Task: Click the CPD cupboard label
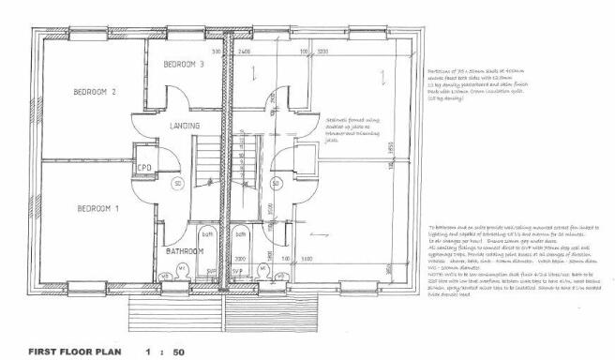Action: click(144, 169)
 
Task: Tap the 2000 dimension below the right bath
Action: click(240, 257)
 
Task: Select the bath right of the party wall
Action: click(240, 243)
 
